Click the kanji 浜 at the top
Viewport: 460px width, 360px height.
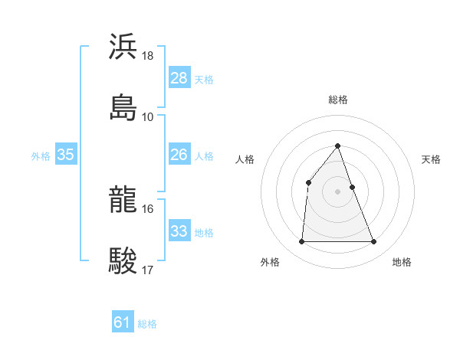(x=123, y=47)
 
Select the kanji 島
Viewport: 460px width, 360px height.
(x=123, y=106)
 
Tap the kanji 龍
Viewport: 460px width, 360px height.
(x=123, y=199)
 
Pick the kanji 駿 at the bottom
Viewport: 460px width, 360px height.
(x=123, y=259)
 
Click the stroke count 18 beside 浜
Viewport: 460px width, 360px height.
(x=148, y=56)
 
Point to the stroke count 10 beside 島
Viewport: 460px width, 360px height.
(x=148, y=116)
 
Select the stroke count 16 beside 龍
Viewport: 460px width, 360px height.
(x=148, y=208)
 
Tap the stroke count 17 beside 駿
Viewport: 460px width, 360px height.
(x=148, y=269)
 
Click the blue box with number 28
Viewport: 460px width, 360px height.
(x=179, y=77)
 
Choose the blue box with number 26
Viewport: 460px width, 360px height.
(x=179, y=155)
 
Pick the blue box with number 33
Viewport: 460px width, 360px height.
(x=179, y=231)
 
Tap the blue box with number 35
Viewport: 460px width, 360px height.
(x=66, y=155)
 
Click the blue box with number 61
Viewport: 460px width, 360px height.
(x=123, y=322)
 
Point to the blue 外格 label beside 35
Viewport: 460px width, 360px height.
(x=41, y=155)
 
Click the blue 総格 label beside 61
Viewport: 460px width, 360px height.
(x=147, y=324)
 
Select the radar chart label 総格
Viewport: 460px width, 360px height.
(x=338, y=100)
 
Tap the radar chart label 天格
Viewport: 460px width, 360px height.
(x=431, y=159)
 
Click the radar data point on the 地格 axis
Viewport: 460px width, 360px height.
(x=374, y=242)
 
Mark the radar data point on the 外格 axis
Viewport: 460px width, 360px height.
(x=301, y=242)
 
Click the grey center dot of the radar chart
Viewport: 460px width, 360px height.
(x=338, y=191)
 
